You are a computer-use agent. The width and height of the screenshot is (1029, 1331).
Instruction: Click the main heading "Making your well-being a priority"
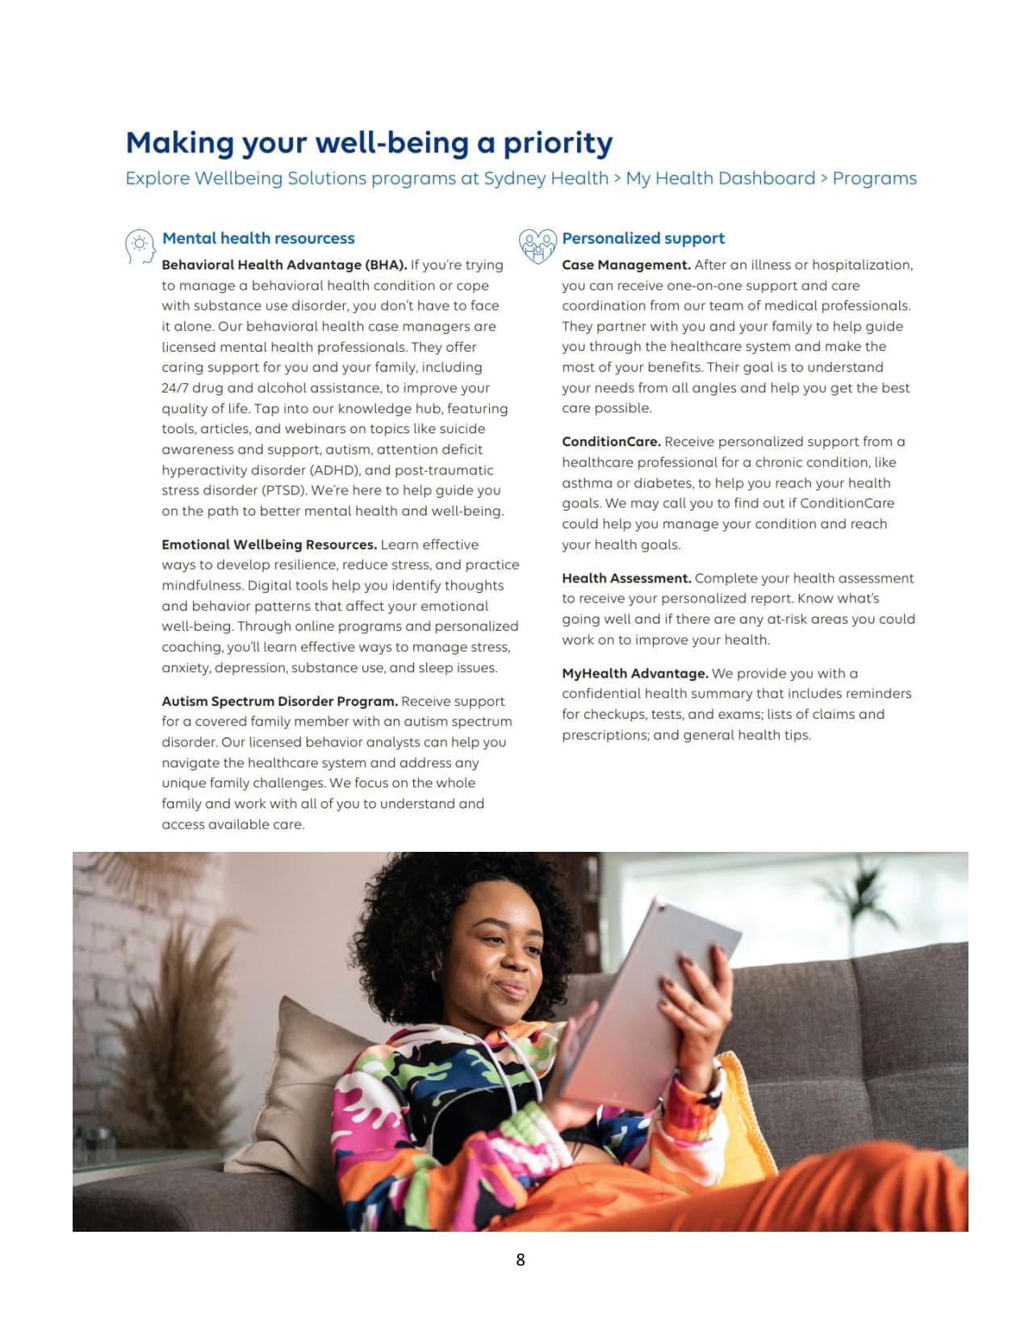point(369,143)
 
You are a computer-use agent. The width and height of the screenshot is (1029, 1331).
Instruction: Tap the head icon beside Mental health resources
point(140,245)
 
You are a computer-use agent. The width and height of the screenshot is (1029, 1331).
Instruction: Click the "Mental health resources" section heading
point(258,238)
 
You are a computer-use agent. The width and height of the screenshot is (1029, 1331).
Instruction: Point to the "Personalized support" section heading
point(643,238)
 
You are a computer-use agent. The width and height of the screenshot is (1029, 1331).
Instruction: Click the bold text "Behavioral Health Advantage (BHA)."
point(284,265)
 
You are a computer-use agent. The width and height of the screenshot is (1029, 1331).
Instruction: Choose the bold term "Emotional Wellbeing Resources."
point(269,544)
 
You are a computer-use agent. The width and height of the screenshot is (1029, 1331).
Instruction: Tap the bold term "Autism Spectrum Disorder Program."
point(279,701)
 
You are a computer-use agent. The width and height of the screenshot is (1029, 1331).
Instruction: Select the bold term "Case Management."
point(626,265)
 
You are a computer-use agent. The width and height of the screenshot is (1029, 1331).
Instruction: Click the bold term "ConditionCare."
point(611,441)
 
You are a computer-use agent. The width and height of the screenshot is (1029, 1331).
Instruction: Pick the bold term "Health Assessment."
point(626,578)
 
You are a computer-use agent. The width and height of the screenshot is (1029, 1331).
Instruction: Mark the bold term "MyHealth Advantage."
point(635,673)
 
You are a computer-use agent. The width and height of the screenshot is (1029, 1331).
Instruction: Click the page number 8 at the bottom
point(520,1259)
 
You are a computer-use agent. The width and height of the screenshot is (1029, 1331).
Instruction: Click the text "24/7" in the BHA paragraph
point(175,388)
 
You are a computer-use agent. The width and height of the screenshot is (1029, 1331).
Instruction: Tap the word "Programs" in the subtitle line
point(874,178)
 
